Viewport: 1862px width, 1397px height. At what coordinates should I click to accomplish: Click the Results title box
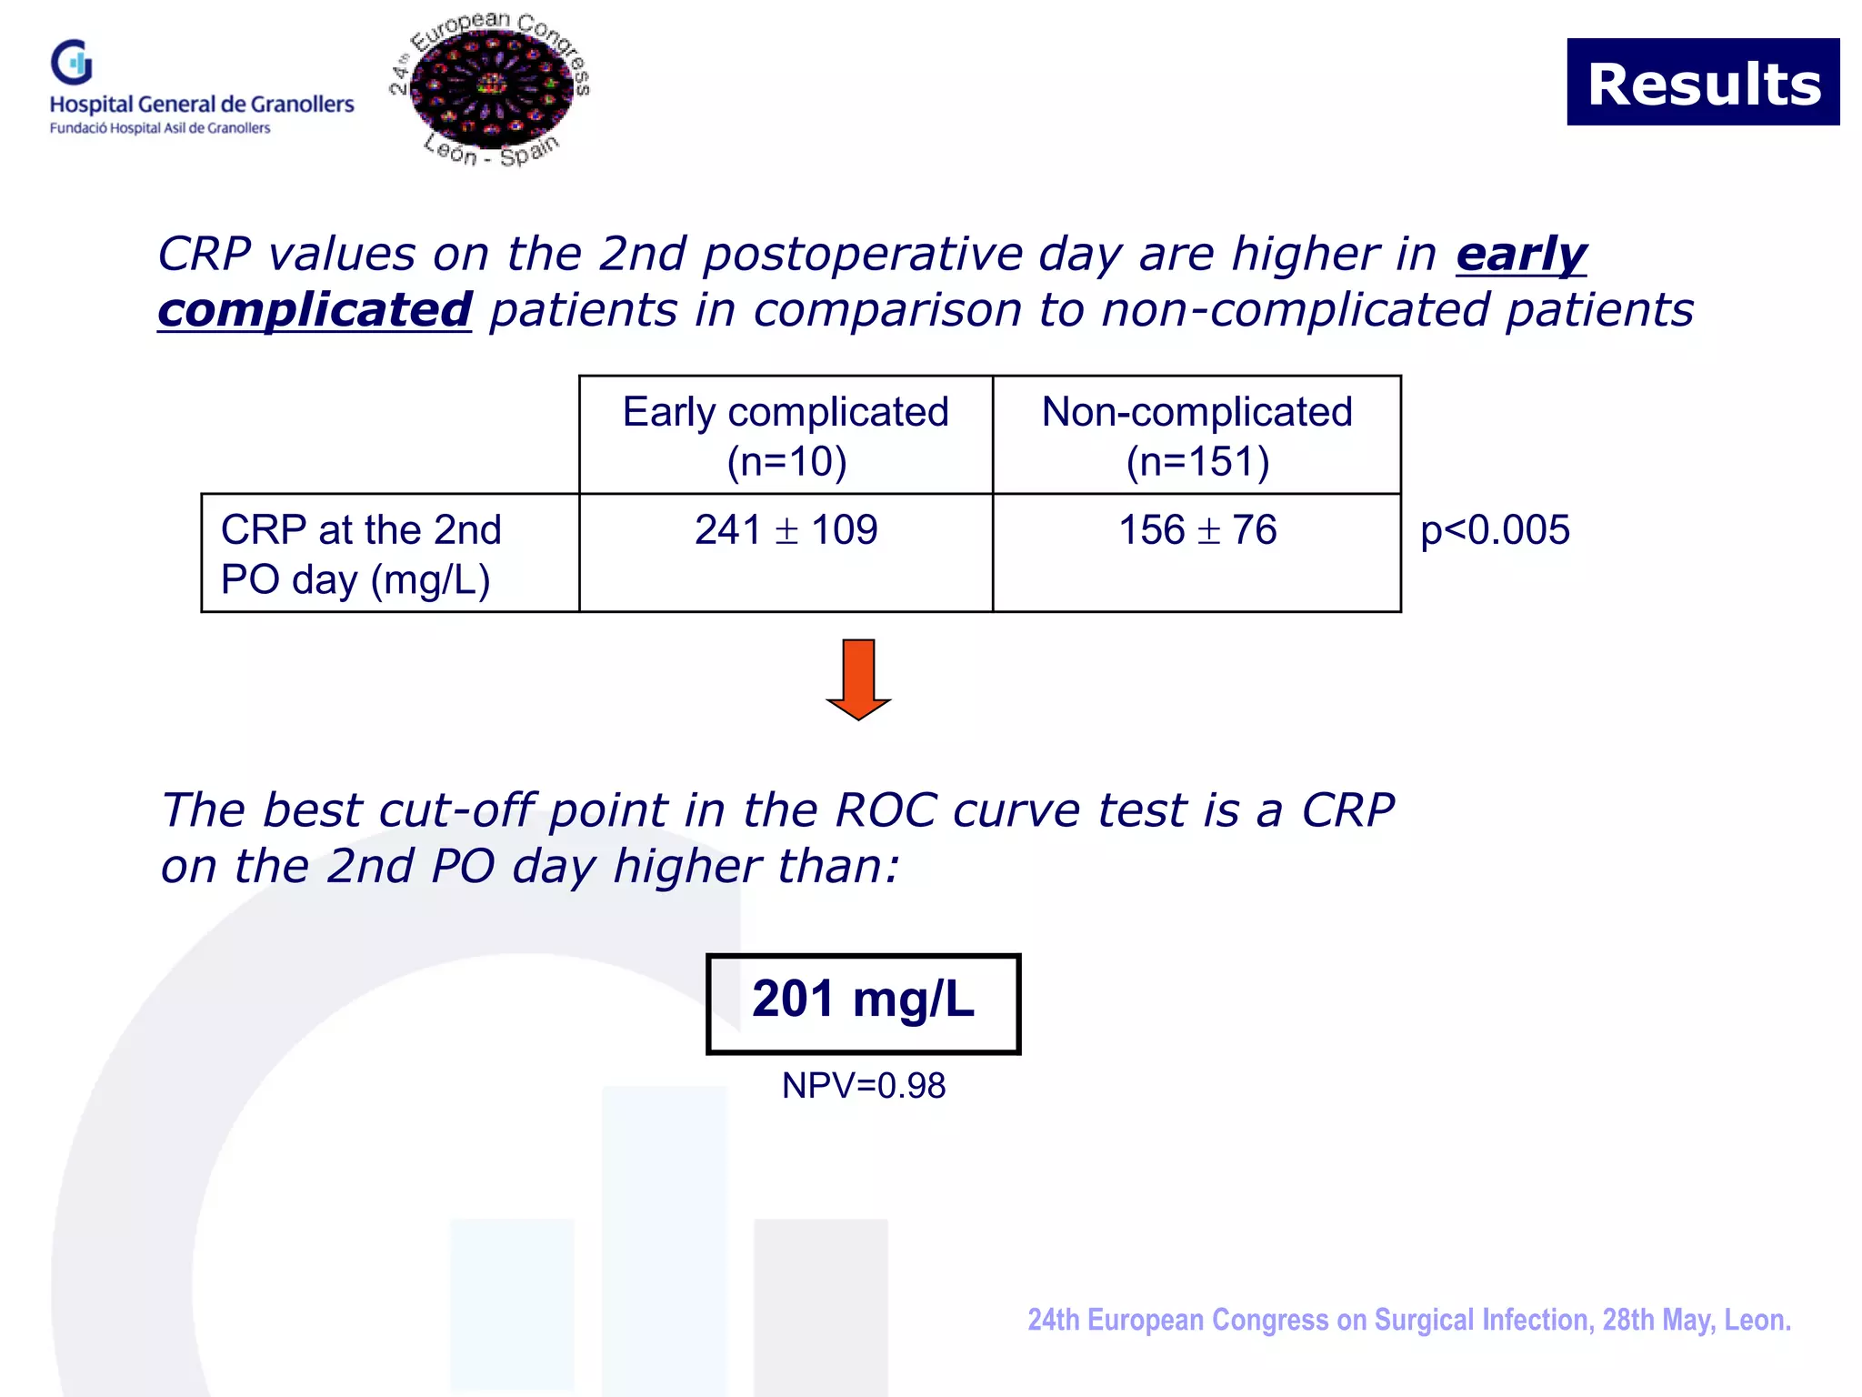point(1703,83)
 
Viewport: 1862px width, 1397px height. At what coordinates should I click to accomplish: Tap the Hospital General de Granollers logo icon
point(72,63)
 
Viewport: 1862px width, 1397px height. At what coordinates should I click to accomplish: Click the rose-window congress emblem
point(492,88)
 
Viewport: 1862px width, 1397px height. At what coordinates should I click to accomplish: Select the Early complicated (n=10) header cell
point(786,436)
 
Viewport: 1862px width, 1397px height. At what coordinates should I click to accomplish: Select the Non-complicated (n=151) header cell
point(1196,436)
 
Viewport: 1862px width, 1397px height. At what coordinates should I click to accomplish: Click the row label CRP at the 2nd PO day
point(361,554)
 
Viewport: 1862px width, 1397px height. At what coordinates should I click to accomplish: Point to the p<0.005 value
point(1495,530)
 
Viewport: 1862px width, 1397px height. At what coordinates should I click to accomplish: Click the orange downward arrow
point(858,678)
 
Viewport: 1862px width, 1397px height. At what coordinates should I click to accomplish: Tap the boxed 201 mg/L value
point(863,1003)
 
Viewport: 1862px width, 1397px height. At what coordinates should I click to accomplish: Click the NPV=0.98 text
point(863,1086)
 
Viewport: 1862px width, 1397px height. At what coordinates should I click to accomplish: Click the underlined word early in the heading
point(1521,254)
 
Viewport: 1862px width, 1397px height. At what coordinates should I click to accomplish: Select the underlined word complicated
point(315,310)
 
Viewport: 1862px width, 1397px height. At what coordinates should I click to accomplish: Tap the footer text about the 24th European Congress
point(1408,1320)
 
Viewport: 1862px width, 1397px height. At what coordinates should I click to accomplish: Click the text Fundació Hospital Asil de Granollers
point(160,128)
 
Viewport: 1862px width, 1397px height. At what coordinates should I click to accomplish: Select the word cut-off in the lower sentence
point(456,810)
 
